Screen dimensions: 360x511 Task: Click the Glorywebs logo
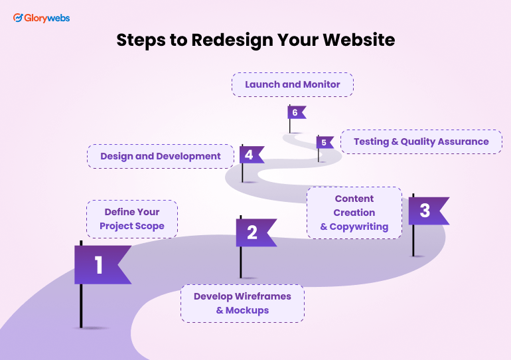pos(41,18)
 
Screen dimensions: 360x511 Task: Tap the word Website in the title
pos(358,40)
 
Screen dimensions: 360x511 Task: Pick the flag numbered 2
pos(254,232)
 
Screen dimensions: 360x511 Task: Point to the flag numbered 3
pos(426,211)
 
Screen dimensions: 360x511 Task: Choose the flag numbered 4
pos(250,155)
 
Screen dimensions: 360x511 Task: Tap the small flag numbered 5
pos(325,142)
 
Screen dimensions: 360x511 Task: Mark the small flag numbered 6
pos(295,112)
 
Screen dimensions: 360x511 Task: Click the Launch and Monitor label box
pos(292,84)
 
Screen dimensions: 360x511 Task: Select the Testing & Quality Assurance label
pos(421,141)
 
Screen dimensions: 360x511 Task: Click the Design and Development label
pos(160,156)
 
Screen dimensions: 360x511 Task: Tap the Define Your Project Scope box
pos(132,219)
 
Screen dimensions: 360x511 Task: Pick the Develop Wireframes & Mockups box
pos(242,304)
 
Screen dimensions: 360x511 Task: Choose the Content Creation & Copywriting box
pos(354,213)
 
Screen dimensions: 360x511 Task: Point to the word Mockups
pos(248,310)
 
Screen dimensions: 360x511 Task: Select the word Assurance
pos(464,141)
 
